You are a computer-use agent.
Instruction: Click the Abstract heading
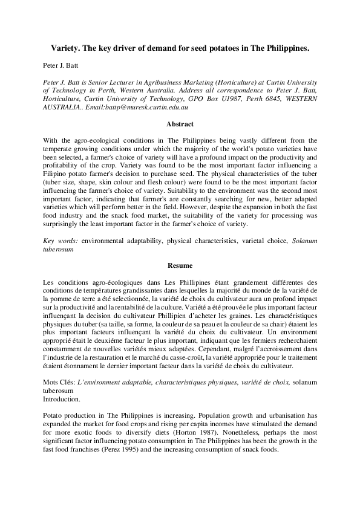(x=180, y=124)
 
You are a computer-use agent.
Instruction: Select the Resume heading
(x=180, y=265)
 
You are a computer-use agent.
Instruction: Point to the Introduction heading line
(x=64, y=400)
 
